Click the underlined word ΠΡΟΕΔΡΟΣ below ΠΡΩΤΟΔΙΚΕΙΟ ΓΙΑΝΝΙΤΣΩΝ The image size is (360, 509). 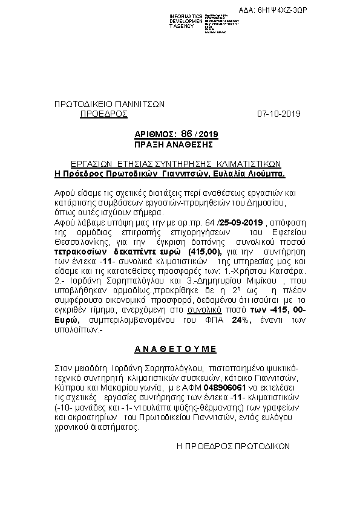click(x=103, y=113)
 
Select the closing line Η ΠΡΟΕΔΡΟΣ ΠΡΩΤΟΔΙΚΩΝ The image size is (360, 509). click(x=233, y=445)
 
